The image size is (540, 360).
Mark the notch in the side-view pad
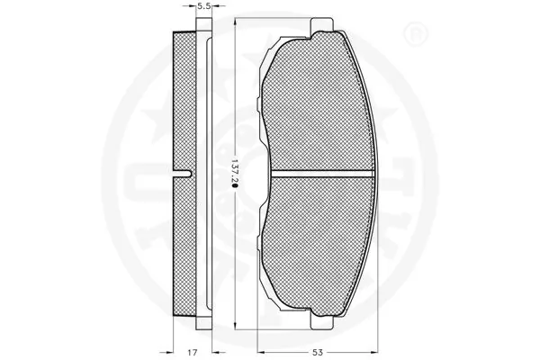point(187,171)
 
